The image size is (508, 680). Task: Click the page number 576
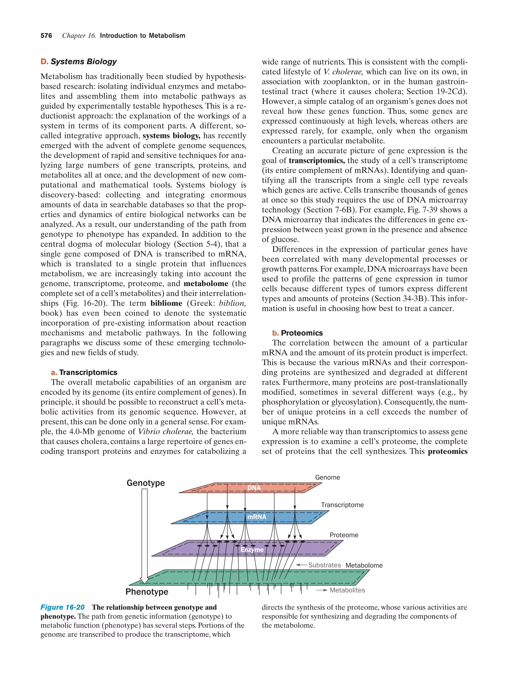pos(46,36)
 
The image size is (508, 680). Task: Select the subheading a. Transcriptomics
pos(84,372)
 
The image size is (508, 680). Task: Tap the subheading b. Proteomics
pos(297,333)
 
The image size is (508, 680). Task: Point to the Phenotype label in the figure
pos(147,591)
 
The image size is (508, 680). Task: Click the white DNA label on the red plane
pos(254,488)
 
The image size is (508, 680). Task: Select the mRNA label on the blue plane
pos(257,517)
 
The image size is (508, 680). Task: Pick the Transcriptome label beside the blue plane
pos(342,505)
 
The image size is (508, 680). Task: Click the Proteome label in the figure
pos(344,535)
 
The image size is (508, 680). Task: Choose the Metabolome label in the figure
pos(364,565)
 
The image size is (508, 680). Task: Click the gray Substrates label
pos(324,565)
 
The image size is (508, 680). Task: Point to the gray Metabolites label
pos(347,590)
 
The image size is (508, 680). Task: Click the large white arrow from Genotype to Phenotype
pos(144,535)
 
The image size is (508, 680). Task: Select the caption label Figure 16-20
pos(63,607)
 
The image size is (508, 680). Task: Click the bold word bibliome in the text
pos(166,303)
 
